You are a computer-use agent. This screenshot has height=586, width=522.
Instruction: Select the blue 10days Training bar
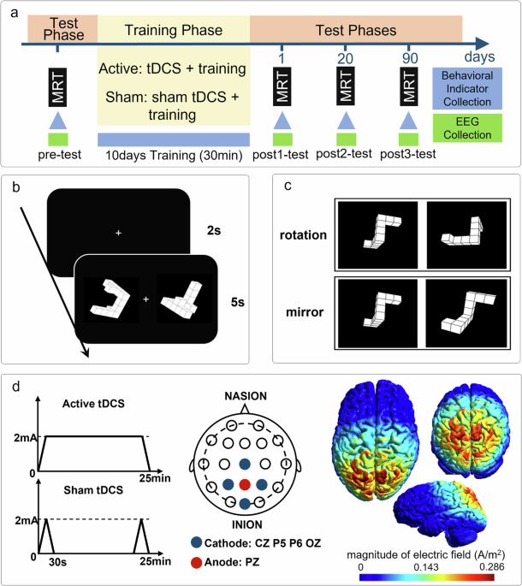tap(174, 139)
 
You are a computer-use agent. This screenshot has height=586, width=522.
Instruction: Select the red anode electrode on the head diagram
tap(246, 484)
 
